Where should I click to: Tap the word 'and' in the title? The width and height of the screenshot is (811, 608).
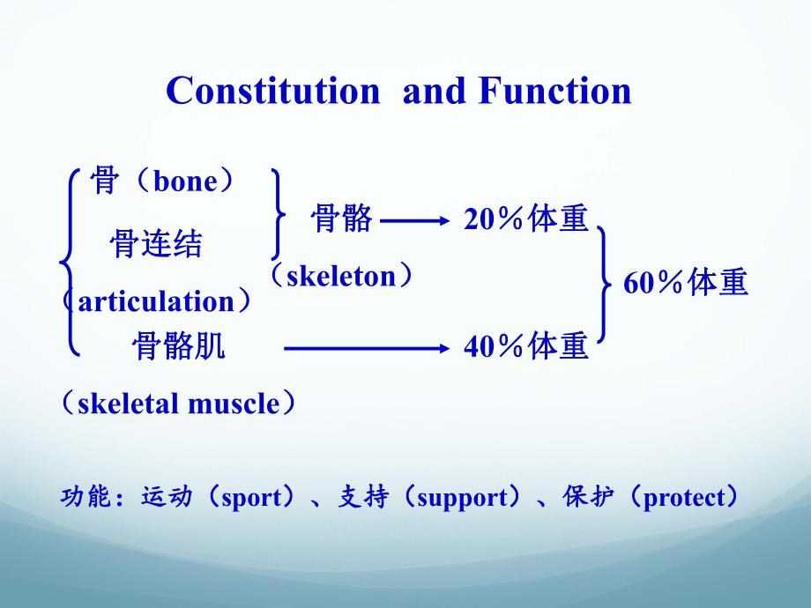click(x=435, y=91)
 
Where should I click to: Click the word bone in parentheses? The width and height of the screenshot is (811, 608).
click(x=184, y=182)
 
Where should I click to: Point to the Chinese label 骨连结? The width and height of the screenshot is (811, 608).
click(x=156, y=244)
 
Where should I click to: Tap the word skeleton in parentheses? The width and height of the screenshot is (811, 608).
click(x=341, y=276)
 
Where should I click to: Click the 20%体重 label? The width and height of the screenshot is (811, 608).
click(x=525, y=219)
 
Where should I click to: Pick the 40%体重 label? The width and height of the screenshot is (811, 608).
click(x=525, y=348)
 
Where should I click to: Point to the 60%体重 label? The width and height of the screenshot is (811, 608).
click(x=686, y=284)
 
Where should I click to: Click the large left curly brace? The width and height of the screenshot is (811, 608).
click(x=69, y=263)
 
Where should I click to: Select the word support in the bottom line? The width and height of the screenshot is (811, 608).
click(x=462, y=499)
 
